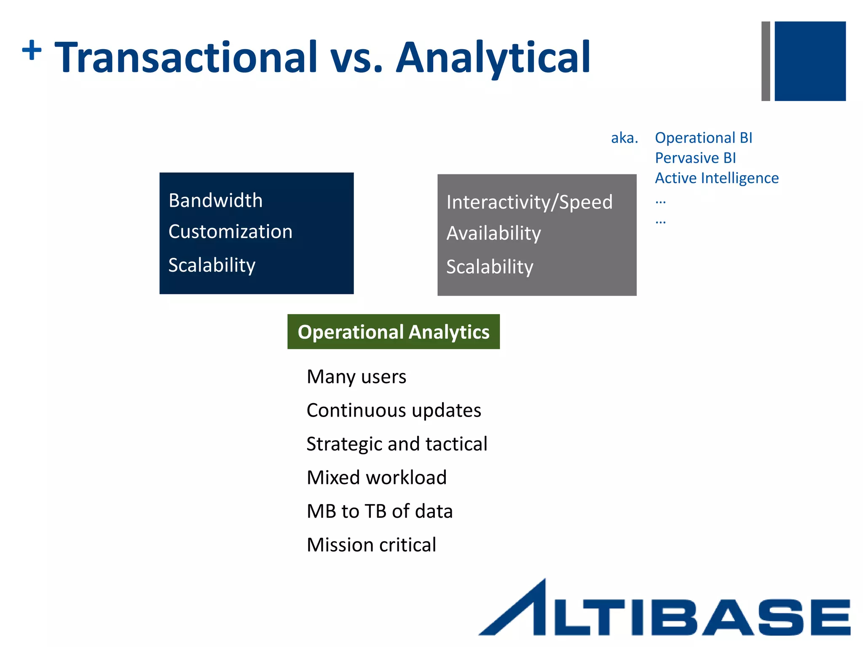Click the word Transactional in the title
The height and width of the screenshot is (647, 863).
(186, 57)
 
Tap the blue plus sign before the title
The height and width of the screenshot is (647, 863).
(32, 51)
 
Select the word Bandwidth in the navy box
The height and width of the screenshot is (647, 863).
(215, 201)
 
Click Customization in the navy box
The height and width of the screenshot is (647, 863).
(230, 232)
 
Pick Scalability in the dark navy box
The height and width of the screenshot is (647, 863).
(212, 265)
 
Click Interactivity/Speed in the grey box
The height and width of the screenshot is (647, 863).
(529, 202)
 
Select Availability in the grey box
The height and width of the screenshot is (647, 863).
(493, 233)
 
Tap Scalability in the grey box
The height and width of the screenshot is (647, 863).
(490, 267)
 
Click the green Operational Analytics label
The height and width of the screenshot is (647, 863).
(394, 332)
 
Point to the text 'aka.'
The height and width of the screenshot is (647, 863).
(624, 138)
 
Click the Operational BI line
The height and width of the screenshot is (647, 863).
(703, 138)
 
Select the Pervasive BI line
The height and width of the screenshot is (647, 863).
(695, 158)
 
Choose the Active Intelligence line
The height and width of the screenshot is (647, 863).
(716, 178)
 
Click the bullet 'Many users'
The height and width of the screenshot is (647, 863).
(356, 377)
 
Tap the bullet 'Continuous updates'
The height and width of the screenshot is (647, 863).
(394, 410)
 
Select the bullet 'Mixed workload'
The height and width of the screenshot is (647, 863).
(376, 478)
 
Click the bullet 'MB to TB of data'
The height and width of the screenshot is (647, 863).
(379, 511)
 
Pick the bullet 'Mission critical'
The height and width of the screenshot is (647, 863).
(371, 545)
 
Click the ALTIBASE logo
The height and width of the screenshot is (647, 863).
(665, 611)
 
